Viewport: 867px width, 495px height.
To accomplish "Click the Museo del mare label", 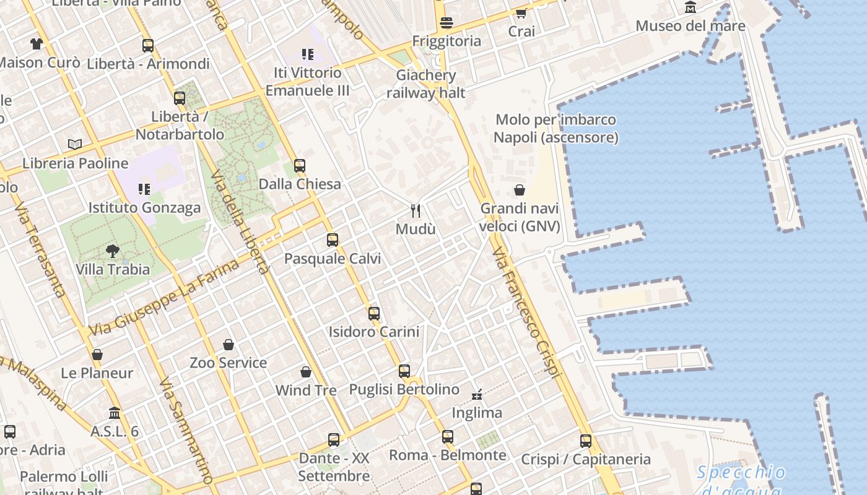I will point(691,26).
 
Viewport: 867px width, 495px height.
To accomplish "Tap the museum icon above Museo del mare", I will point(691,8).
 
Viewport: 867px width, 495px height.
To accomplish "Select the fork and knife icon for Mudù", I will point(416,211).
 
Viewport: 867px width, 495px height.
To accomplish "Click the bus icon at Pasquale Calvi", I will point(333,240).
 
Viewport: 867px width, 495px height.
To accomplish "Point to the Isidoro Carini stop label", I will point(374,332).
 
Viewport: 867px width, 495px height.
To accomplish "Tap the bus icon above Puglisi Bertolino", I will point(404,371).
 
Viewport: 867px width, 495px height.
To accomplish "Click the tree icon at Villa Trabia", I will point(113,251).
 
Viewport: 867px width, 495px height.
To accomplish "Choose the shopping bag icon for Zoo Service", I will point(229,345).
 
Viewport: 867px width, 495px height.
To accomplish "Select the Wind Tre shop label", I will point(306,390).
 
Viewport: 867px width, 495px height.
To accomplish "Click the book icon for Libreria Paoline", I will point(75,145).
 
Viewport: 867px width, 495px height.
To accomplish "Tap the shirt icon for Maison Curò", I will point(37,44).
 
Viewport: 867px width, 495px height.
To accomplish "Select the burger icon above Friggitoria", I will point(447,23).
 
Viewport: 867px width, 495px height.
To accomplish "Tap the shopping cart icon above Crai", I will point(521,14).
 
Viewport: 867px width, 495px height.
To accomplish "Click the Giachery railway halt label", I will point(426,84).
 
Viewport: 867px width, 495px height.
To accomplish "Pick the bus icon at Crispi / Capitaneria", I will point(586,441).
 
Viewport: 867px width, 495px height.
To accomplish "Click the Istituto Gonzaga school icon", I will point(144,189).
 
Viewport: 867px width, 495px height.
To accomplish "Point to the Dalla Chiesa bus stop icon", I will point(300,166).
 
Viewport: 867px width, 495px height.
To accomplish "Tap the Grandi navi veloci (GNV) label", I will point(520,217).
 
